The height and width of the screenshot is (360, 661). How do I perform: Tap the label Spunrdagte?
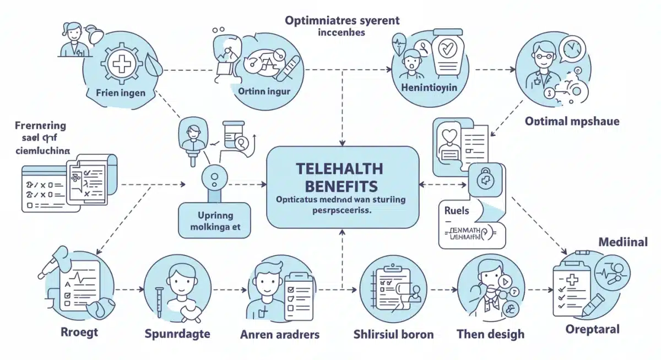pos(177,334)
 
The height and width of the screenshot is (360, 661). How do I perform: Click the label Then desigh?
pos(490,334)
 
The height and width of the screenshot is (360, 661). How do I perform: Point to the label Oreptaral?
pos(592,329)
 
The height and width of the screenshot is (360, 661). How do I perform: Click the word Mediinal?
pos(623,242)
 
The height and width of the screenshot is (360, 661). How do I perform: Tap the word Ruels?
pos(457,210)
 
